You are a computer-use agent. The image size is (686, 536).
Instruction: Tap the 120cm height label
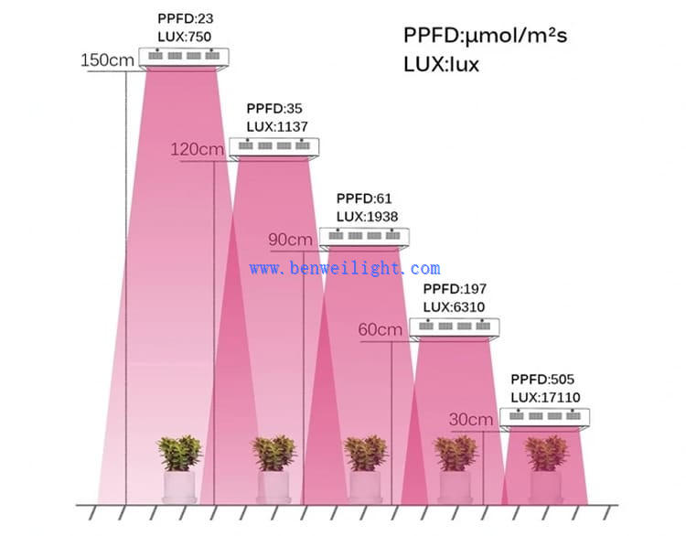click(197, 150)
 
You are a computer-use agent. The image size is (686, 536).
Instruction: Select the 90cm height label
click(290, 240)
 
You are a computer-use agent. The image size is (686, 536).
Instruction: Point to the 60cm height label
click(381, 329)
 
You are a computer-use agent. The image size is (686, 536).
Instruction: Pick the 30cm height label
click(471, 419)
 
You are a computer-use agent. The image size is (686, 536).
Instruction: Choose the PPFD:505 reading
click(541, 380)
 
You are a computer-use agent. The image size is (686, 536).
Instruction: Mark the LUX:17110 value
click(545, 397)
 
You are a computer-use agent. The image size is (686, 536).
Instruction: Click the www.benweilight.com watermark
click(345, 269)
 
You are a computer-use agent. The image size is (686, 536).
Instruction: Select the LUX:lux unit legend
click(441, 66)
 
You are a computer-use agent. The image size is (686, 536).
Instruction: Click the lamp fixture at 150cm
click(182, 58)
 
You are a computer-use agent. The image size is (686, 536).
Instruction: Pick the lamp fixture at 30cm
click(545, 418)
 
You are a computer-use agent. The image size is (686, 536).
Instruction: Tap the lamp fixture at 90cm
click(364, 238)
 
